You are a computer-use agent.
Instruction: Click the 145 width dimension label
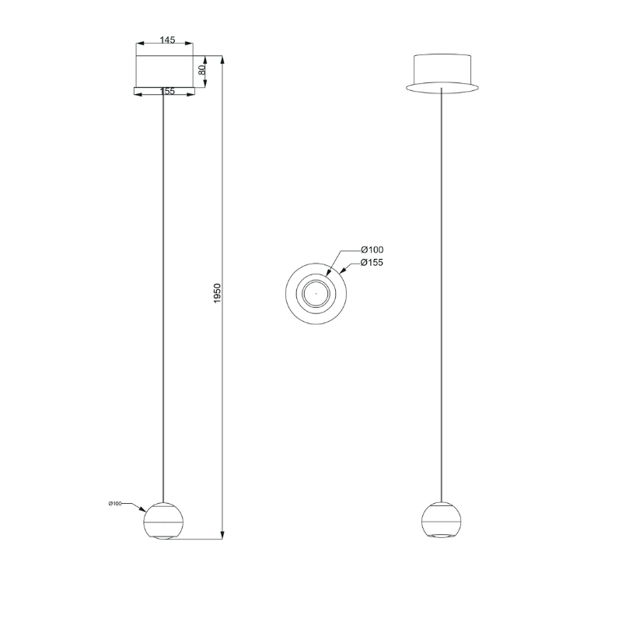pos(167,40)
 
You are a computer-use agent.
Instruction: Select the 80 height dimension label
pos(201,70)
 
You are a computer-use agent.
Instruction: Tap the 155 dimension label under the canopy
pos(167,91)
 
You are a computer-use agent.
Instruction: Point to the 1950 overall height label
pos(217,293)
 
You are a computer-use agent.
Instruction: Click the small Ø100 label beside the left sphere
pos(114,503)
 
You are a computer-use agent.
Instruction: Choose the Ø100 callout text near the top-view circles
pos(372,250)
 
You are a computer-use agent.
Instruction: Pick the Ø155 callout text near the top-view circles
pos(372,263)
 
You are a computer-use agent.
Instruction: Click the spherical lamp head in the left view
pos(163,520)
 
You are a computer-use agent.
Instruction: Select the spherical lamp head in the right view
pos(442,520)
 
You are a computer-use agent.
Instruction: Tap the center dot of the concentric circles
pos(316,294)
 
